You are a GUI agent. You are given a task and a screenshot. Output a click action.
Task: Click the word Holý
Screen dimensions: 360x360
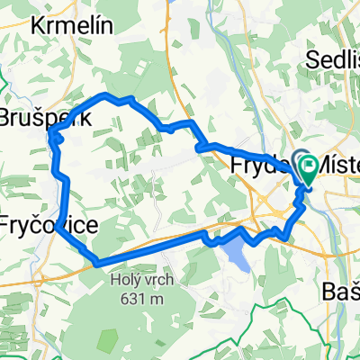coord(124,279)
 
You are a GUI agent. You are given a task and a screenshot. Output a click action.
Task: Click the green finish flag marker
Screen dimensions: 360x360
coord(309,165)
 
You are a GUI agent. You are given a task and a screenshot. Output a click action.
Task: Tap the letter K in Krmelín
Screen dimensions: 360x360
coord(37,28)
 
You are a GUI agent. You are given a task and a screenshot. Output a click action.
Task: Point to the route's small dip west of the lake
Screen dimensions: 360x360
coord(211,240)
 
